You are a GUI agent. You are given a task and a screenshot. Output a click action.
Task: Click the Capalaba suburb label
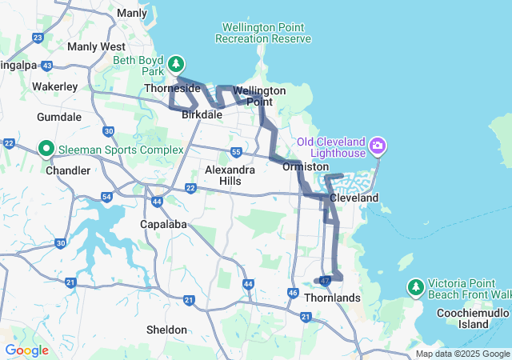[164, 224]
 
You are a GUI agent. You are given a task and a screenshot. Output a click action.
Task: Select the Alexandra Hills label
[230, 175]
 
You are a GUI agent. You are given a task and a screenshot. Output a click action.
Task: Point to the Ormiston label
[306, 166]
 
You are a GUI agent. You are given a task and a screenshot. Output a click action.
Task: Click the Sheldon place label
[167, 330]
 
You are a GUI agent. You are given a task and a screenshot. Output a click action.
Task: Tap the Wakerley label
[54, 86]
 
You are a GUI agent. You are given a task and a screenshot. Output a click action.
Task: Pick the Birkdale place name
[202, 115]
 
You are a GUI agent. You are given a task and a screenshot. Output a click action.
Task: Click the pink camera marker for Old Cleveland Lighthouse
[378, 146]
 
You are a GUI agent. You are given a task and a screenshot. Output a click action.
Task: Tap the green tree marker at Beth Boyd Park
[176, 63]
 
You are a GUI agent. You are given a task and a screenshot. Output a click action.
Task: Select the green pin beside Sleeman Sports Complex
[46, 148]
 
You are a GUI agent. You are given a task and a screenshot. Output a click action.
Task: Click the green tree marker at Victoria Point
[415, 286]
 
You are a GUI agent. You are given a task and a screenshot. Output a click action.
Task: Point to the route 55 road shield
[235, 152]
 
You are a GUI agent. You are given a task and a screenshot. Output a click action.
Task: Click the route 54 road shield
[106, 197]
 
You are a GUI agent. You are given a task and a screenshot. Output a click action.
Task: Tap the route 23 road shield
[38, 38]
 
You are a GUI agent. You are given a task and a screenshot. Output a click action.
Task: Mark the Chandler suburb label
[68, 170]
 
